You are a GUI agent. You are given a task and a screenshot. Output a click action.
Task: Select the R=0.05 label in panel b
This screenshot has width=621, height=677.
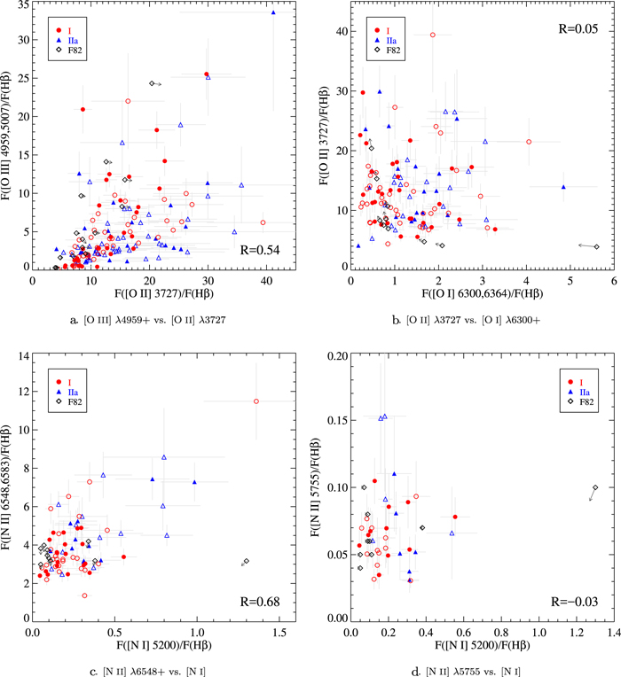coord(579,28)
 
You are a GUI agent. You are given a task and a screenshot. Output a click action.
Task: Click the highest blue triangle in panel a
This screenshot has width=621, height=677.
coord(273,12)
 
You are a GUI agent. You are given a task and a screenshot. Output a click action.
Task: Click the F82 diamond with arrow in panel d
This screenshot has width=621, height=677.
coord(595,487)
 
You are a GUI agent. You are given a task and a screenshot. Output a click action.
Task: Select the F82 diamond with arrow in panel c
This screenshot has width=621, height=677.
coord(246,561)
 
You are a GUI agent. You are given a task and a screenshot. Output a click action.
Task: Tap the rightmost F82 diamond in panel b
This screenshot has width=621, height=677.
coord(596,246)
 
